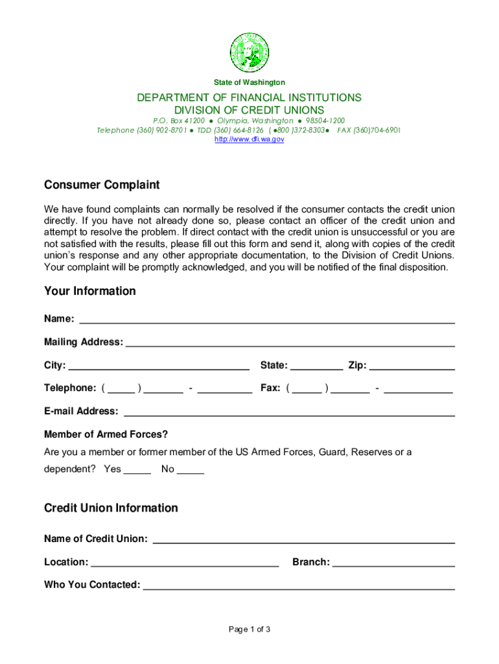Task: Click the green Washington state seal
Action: (250, 53)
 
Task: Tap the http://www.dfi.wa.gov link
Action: (250, 139)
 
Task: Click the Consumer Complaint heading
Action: (102, 185)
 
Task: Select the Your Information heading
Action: (90, 291)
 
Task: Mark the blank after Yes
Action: (137, 469)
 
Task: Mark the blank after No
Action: (191, 469)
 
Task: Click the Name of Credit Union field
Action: (303, 538)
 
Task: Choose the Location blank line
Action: (185, 562)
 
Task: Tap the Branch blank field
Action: (393, 562)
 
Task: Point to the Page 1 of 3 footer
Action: (250, 630)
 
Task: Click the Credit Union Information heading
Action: (111, 508)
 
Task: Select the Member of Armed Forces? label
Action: (106, 434)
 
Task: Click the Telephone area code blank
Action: (121, 388)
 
